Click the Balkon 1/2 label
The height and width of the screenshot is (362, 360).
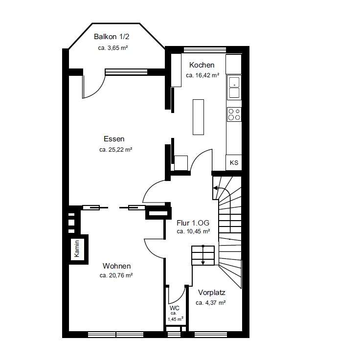[112, 37]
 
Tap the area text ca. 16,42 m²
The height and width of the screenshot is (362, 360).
[202, 75]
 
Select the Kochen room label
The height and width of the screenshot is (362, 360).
[202, 65]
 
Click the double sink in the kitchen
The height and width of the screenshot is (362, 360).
[234, 87]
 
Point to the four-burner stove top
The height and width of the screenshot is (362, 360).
[234, 114]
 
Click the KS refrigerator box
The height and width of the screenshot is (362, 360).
[234, 162]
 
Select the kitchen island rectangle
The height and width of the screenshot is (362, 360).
[198, 117]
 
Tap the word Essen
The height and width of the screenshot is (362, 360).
[114, 139]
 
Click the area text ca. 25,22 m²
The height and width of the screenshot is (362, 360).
[115, 150]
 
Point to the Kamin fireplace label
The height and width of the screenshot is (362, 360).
[77, 249]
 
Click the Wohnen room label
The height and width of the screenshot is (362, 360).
[116, 266]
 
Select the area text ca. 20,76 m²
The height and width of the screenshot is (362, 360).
[116, 275]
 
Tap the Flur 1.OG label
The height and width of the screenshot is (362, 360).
[193, 223]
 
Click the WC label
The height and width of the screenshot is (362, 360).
[175, 308]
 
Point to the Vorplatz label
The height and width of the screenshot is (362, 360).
[212, 293]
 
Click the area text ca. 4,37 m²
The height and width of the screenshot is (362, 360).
[210, 303]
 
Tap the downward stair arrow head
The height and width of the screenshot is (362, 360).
[203, 263]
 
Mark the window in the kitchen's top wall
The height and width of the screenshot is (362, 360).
[204, 50]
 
